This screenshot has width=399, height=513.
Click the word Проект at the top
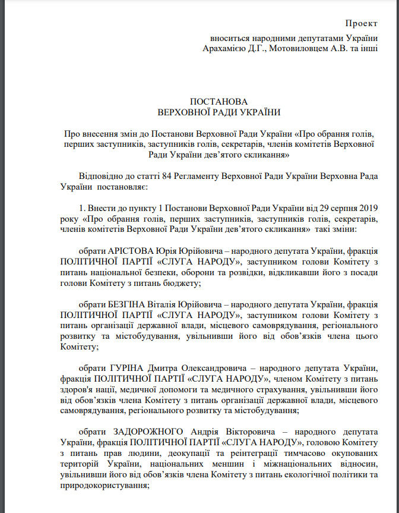pyautogui.click(x=361, y=23)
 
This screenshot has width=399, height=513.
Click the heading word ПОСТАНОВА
pyautogui.click(x=219, y=102)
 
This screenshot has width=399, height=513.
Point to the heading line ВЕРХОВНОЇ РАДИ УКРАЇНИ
pyautogui.click(x=219, y=112)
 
